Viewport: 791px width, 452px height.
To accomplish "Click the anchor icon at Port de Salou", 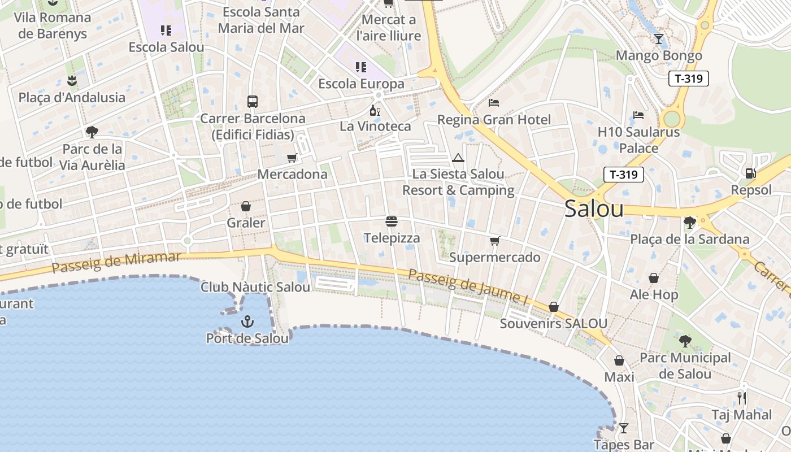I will click(x=247, y=321).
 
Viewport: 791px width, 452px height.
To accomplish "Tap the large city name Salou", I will click(x=594, y=209).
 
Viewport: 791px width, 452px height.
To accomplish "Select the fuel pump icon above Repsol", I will click(x=750, y=173).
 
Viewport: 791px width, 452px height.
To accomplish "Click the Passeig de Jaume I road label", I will click(x=468, y=286).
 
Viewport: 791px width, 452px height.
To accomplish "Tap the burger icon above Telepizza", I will click(x=392, y=221).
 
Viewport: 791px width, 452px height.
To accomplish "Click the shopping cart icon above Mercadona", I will click(x=292, y=158).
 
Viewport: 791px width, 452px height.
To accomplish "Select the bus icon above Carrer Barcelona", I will click(x=253, y=102).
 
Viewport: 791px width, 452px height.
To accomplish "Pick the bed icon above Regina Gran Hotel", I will click(x=494, y=103).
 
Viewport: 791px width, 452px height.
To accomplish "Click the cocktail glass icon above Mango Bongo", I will click(x=659, y=38).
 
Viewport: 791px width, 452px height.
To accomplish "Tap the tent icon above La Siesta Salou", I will click(x=458, y=158).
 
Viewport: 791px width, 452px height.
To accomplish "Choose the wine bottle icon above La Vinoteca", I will click(x=375, y=110).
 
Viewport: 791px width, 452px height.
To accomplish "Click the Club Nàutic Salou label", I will click(x=255, y=287).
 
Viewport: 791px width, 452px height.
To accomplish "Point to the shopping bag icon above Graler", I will click(x=246, y=206).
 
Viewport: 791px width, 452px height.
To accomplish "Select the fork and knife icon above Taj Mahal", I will click(x=741, y=398).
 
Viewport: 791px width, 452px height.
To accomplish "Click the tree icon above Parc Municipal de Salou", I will click(x=685, y=341).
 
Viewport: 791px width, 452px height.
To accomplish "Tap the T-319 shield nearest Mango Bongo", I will click(x=688, y=79).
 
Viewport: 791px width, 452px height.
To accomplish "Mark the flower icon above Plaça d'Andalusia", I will click(x=72, y=80).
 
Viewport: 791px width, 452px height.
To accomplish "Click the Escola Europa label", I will click(x=362, y=84).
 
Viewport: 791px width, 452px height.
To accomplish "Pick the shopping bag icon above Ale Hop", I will click(x=654, y=278).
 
